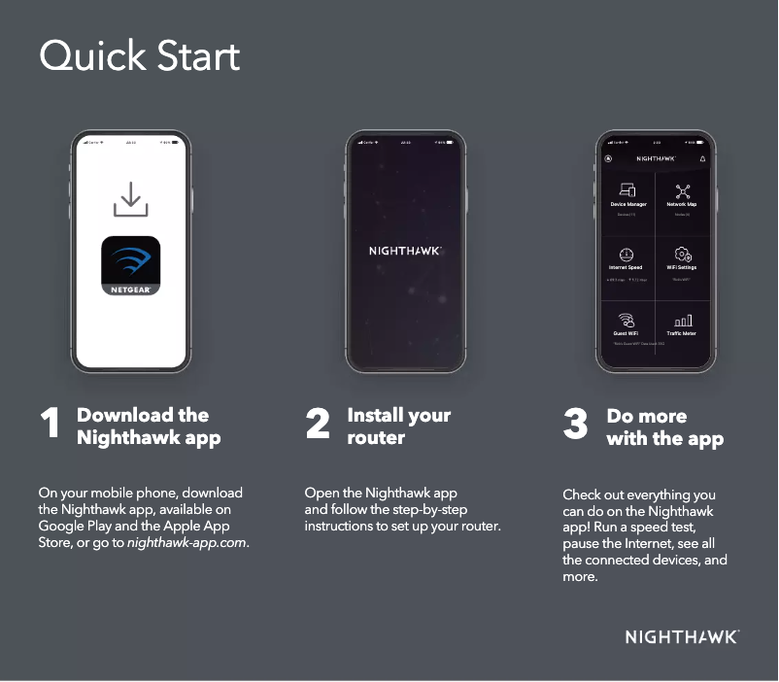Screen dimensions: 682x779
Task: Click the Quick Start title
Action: [x=139, y=56]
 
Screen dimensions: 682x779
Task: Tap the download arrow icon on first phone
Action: [x=131, y=199]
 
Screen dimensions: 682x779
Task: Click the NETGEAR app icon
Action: [x=131, y=266]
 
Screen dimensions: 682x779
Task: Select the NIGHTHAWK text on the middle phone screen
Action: [x=405, y=251]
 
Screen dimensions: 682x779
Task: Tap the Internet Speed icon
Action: [x=627, y=254]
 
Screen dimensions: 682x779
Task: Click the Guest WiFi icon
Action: [x=627, y=320]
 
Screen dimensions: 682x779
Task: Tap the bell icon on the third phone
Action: [x=702, y=157]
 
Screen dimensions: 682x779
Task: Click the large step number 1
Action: [x=51, y=425]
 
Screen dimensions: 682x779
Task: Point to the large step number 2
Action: [x=318, y=425]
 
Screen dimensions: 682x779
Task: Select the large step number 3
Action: [x=575, y=425]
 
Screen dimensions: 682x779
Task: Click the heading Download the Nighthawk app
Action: [x=149, y=426]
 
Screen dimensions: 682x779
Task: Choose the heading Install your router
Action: [x=398, y=426]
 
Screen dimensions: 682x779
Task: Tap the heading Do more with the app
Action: [x=664, y=427]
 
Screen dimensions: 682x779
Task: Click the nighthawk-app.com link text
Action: [x=187, y=542]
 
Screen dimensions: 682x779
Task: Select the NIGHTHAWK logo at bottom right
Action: [x=682, y=637]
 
